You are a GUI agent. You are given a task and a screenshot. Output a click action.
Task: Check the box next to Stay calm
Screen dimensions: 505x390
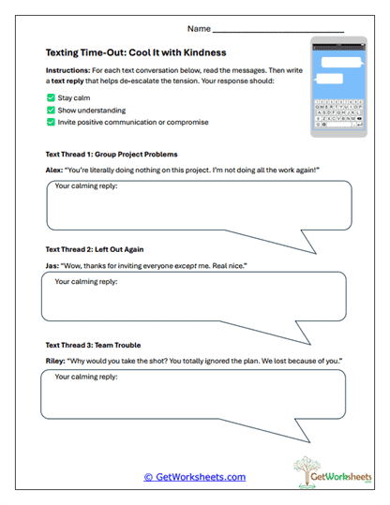[51, 97]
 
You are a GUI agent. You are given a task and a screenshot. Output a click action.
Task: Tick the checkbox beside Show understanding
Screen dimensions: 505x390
[51, 109]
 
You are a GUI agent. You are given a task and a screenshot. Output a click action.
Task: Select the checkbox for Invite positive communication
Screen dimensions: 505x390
[51, 121]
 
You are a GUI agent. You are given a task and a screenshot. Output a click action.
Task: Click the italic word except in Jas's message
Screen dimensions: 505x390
[184, 265]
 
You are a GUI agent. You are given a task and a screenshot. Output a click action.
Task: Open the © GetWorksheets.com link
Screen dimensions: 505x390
[195, 477]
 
